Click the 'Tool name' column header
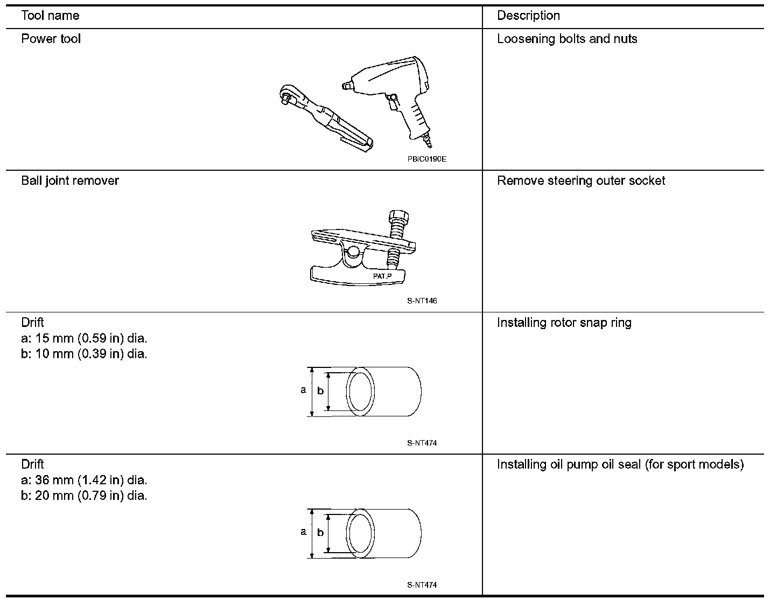click(50, 16)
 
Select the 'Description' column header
click(528, 16)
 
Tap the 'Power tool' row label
click(51, 39)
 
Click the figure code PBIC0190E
click(427, 159)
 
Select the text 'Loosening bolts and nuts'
click(567, 39)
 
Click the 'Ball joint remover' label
click(70, 180)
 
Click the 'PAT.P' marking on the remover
click(383, 276)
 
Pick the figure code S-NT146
click(422, 301)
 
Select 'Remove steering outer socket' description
click(581, 180)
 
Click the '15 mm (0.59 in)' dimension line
click(83, 338)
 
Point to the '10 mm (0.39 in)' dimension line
click(83, 354)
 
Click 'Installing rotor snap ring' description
click(564, 323)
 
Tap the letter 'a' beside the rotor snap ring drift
click(304, 390)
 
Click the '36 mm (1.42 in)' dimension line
click(83, 480)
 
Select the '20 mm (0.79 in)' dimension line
click(83, 496)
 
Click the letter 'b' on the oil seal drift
click(320, 532)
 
